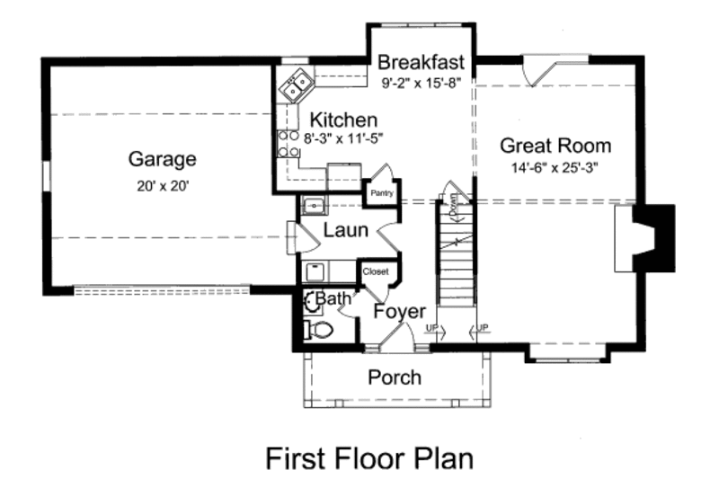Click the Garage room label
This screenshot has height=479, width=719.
point(162,160)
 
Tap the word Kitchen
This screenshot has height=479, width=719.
point(343,120)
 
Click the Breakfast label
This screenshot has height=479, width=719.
point(421,63)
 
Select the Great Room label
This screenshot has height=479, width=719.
point(555,146)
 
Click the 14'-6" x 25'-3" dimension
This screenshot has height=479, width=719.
point(555,166)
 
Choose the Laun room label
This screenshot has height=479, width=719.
point(345,230)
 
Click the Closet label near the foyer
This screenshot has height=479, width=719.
point(375,271)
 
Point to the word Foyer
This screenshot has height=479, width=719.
point(399,312)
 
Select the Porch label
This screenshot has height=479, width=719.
point(395,377)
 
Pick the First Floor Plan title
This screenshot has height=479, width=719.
point(368,457)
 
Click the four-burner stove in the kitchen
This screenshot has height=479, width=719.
point(288,144)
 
